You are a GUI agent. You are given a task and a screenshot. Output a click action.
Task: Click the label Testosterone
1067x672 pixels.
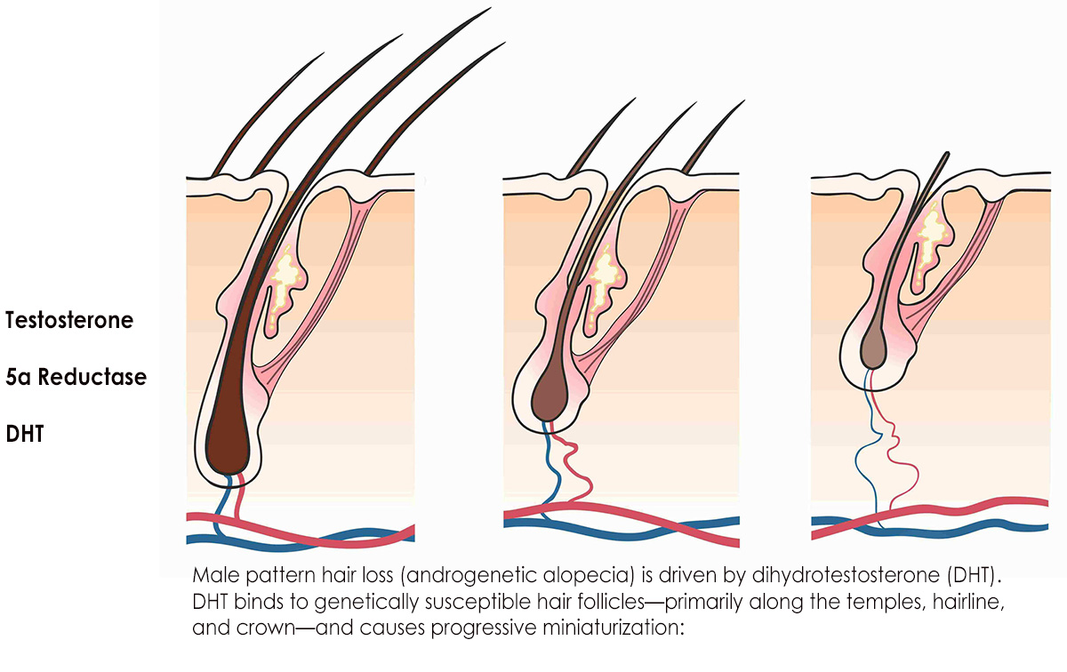69,321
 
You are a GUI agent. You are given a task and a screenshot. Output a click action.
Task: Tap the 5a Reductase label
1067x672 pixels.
76,377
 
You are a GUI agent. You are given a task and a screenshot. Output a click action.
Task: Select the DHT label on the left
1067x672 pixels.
25,434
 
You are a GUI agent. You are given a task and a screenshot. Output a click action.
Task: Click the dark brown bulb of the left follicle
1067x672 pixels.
227,444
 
